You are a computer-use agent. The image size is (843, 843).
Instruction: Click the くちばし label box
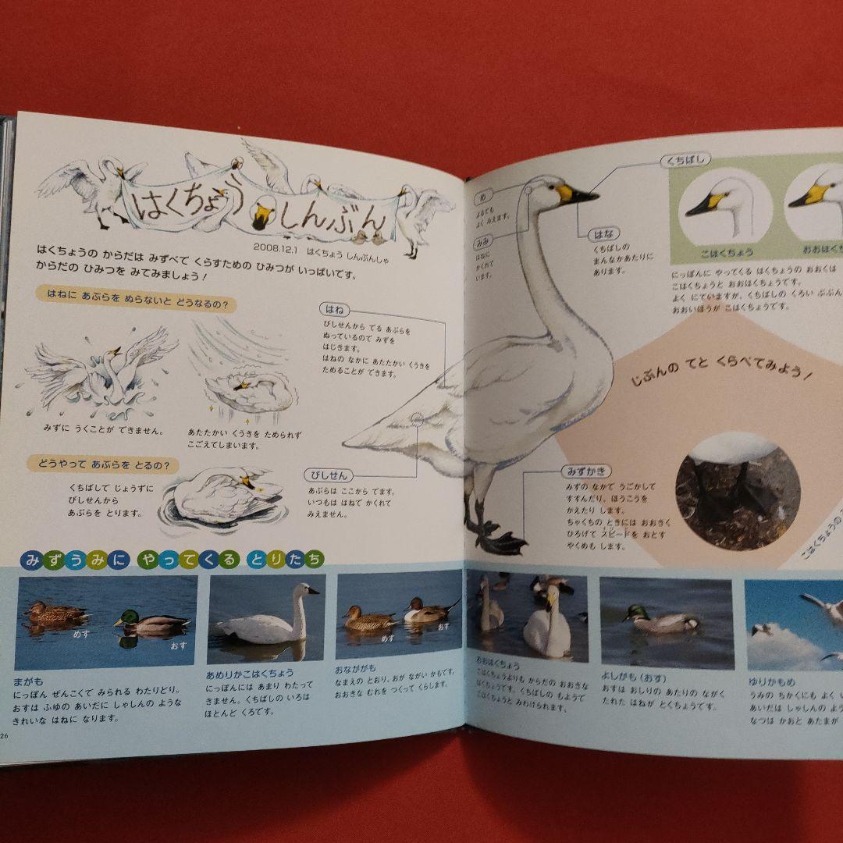pyautogui.click(x=685, y=162)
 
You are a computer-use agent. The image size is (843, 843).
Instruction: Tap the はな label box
pyautogui.click(x=588, y=233)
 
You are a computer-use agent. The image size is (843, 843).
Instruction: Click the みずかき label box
pyautogui.click(x=585, y=471)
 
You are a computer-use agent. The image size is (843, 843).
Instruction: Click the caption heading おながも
pyautogui.click(x=355, y=668)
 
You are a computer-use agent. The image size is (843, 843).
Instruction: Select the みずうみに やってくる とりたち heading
pyautogui.click(x=173, y=559)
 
